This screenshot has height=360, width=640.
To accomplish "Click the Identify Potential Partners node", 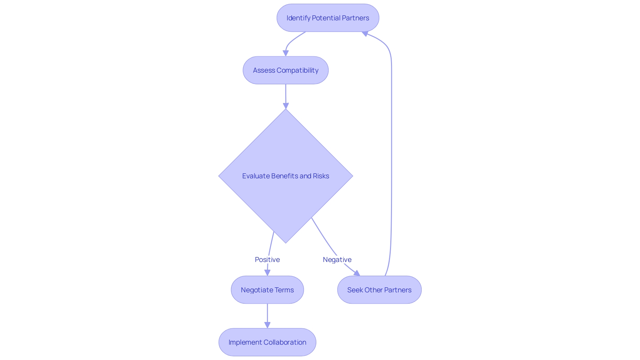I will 328,18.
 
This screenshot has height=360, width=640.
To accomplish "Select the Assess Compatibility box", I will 286,70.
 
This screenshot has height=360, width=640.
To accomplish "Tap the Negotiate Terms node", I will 267,290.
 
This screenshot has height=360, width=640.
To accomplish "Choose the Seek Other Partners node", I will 379,290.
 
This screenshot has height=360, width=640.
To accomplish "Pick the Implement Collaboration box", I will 267,342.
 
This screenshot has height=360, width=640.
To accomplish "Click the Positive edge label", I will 267,260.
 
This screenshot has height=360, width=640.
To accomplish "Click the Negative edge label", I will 337,260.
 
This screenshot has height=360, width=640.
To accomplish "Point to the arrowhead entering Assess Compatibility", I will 286,53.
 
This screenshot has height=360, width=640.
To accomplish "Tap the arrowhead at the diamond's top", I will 286,106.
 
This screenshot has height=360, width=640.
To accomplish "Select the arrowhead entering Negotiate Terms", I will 267,273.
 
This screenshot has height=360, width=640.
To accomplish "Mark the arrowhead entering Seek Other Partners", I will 357,273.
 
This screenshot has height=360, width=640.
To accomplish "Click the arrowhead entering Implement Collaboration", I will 267,325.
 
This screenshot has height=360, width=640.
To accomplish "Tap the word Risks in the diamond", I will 321,176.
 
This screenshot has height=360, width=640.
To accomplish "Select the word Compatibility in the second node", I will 297,70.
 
